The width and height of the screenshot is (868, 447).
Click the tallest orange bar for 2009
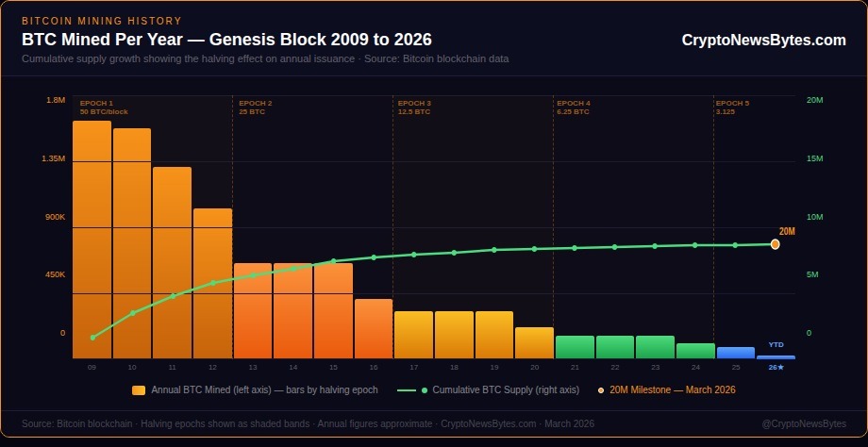tap(92, 240)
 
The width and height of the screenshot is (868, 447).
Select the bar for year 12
tap(212, 283)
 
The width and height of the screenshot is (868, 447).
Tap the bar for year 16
tap(374, 328)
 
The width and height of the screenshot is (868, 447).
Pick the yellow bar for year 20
tap(534, 342)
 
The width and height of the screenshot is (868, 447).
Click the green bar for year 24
tap(695, 351)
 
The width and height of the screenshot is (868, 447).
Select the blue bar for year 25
tap(736, 353)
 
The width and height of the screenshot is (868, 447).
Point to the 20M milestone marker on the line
tap(775, 244)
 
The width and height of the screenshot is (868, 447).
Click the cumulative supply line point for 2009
tap(92, 337)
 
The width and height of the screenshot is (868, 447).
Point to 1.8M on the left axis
tap(56, 100)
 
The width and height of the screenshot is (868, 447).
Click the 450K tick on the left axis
tap(55, 274)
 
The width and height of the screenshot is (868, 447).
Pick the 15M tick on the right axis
tap(815, 158)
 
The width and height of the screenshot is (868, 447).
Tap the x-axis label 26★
tap(776, 367)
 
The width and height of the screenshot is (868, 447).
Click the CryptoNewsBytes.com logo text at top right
tap(763, 40)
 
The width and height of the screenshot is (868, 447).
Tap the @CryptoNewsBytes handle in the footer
tap(803, 423)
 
